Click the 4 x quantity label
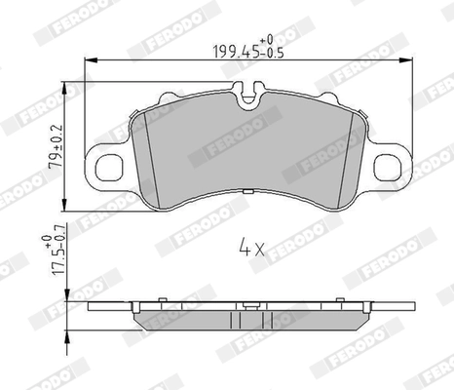point(250,249)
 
